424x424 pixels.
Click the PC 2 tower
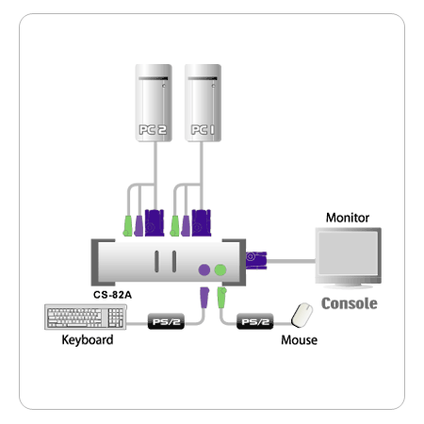pyautogui.click(x=154, y=103)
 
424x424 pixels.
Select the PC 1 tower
pyautogui.click(x=203, y=103)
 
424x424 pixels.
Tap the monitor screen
pyautogui.click(x=348, y=253)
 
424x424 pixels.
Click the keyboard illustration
pyautogui.click(x=86, y=317)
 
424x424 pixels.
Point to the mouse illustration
pyautogui.click(x=302, y=315)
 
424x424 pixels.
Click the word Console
pyautogui.click(x=350, y=303)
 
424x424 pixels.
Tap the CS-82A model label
pyautogui.click(x=112, y=295)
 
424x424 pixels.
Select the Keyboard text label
pyautogui.click(x=88, y=340)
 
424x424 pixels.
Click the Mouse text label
pyautogui.click(x=299, y=340)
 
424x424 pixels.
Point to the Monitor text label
pyautogui.click(x=348, y=218)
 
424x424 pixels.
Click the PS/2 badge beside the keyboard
pyautogui.click(x=166, y=321)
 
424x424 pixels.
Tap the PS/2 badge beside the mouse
pyautogui.click(x=254, y=321)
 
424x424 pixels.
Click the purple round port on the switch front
pyautogui.click(x=204, y=269)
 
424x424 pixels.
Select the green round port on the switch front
pyautogui.click(x=220, y=269)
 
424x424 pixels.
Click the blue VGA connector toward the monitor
pyautogui.click(x=256, y=260)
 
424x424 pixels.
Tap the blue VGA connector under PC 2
pyautogui.click(x=155, y=223)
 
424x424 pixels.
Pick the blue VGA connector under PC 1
pyautogui.click(x=202, y=223)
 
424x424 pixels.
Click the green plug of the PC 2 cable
pyautogui.click(x=127, y=226)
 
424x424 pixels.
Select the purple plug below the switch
pyautogui.click(x=204, y=298)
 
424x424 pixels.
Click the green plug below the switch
pyautogui.click(x=221, y=298)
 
